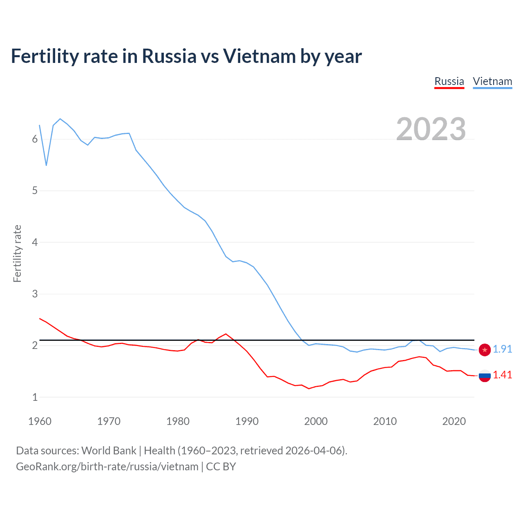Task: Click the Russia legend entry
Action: (449, 81)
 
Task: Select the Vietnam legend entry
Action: (492, 81)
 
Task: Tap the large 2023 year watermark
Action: (431, 129)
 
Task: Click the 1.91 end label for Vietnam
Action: (502, 349)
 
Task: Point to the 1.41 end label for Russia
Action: (502, 375)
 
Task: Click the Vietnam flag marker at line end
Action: (485, 350)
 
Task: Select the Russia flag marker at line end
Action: (485, 375)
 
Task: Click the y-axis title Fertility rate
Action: (17, 253)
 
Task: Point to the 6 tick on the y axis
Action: (35, 139)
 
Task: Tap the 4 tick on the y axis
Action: (35, 242)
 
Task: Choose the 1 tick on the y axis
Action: (35, 397)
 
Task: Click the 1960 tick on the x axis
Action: (40, 421)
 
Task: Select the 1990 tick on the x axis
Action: (247, 421)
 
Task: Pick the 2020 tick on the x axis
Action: (454, 421)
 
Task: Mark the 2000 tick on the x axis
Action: (316, 421)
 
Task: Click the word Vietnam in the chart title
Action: (259, 56)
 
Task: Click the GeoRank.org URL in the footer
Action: (107, 467)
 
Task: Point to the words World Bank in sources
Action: (109, 451)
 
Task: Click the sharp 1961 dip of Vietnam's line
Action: (47, 165)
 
